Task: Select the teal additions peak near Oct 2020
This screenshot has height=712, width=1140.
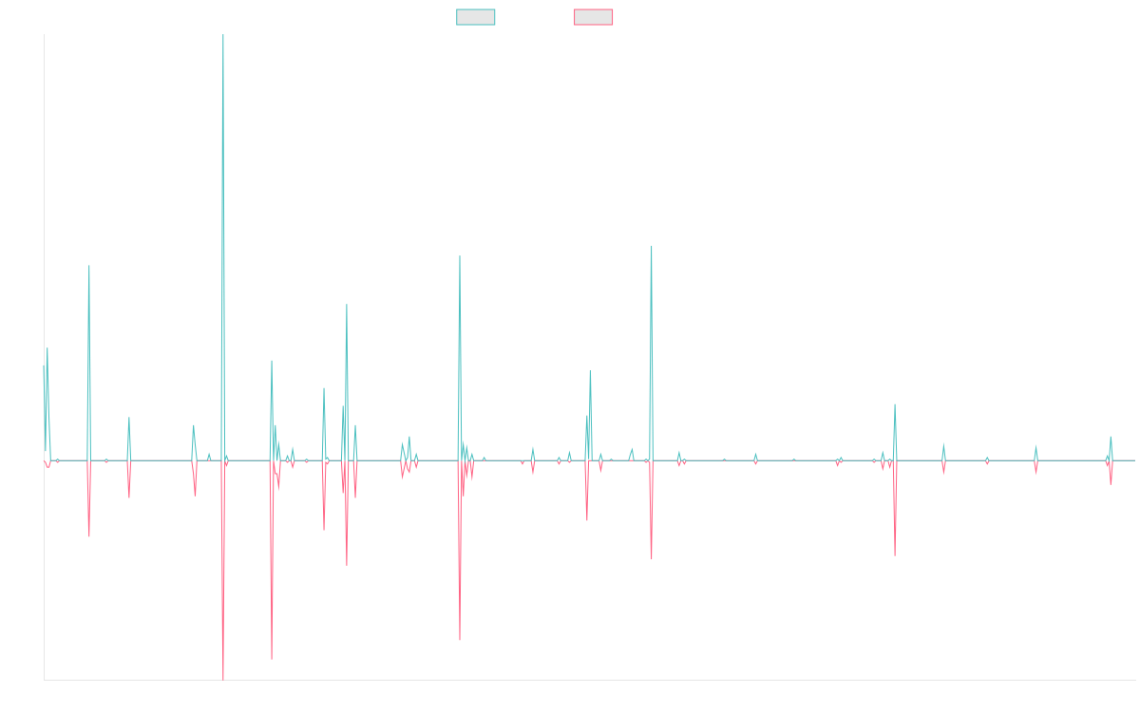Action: tap(652, 246)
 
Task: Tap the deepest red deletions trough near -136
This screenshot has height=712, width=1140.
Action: tap(223, 679)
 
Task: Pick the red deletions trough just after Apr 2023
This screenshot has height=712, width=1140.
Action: tap(895, 554)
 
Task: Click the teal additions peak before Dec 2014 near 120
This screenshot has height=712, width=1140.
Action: tap(89, 266)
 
